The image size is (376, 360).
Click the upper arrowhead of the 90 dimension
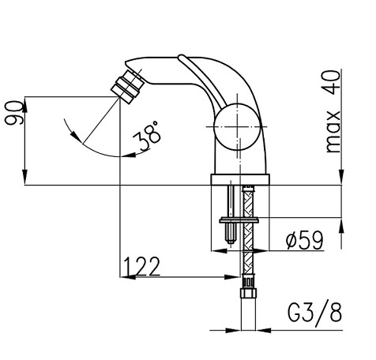pos(28,101)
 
